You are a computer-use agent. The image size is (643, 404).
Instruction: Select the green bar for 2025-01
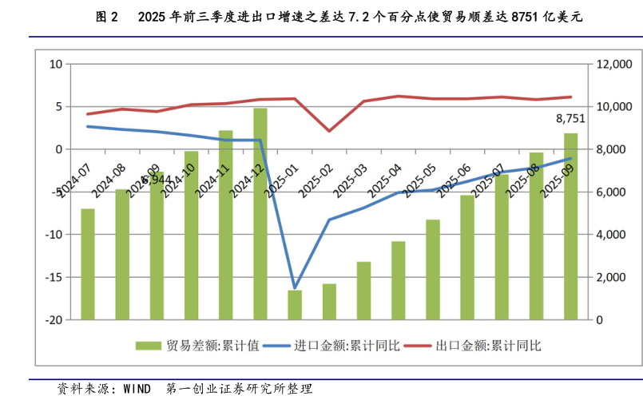295,304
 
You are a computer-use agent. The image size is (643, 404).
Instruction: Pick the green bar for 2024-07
88,263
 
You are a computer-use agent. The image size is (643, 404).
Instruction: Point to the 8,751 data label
570,118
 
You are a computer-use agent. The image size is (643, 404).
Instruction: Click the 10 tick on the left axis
56,64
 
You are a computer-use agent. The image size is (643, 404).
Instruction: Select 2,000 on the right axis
616,277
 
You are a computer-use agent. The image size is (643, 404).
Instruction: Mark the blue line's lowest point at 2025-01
295,287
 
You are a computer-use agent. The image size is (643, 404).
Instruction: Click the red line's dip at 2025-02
329,131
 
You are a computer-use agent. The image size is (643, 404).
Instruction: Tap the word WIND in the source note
137,390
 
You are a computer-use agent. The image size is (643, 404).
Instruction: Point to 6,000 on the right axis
616,192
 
